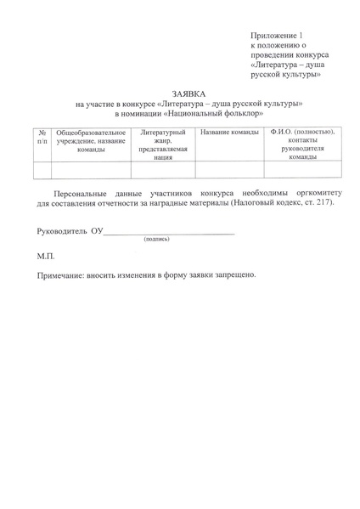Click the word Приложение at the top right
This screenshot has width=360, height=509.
[273, 34]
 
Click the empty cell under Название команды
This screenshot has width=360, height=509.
[228, 169]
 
